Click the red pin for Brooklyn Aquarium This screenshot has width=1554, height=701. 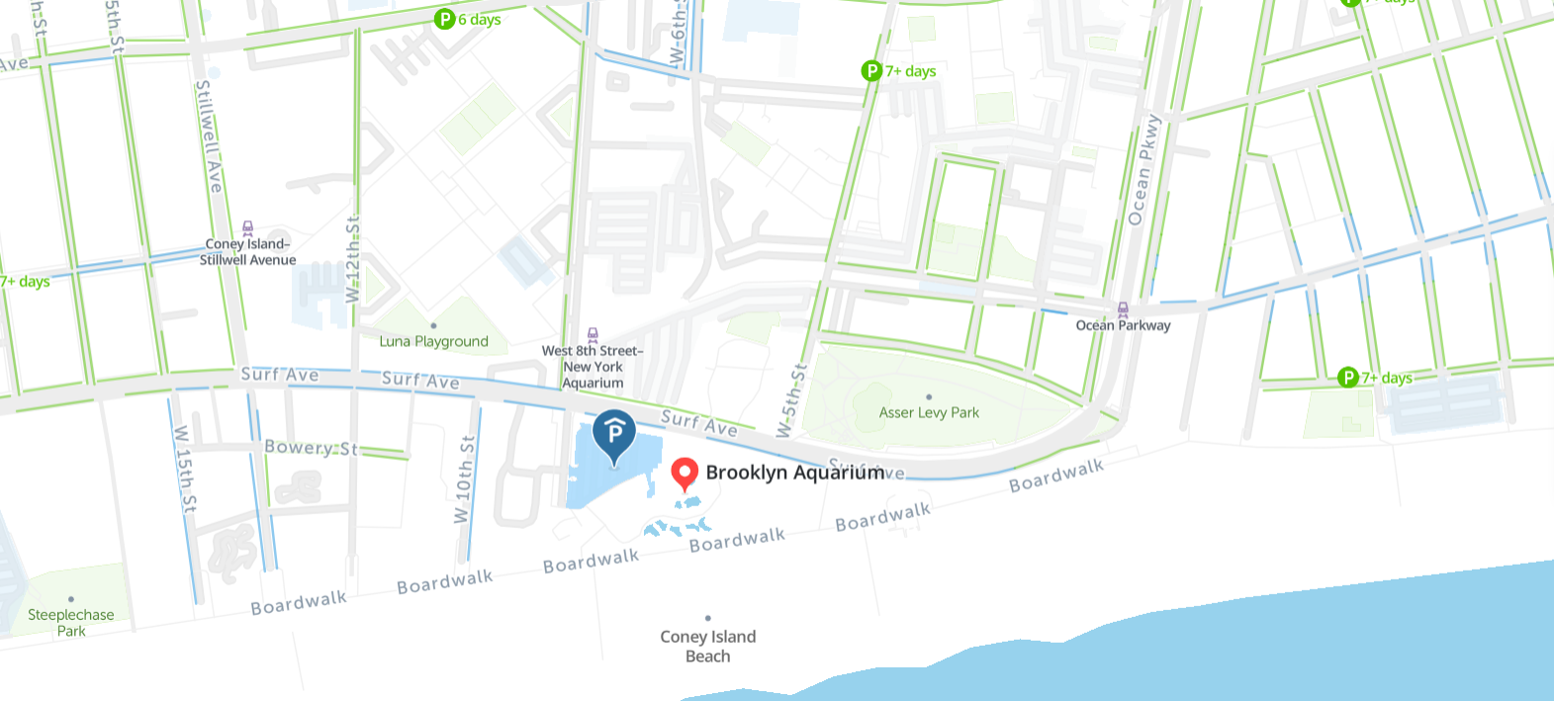pyautogui.click(x=684, y=474)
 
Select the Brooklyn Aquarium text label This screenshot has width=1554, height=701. pyautogui.click(x=795, y=473)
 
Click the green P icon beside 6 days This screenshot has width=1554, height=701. pyautogui.click(x=445, y=19)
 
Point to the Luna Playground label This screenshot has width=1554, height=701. pyautogui.click(x=433, y=341)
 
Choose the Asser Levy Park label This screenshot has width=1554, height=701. pyautogui.click(x=929, y=412)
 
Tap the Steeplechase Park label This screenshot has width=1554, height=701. pyautogui.click(x=71, y=622)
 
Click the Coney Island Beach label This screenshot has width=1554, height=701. pyautogui.click(x=708, y=646)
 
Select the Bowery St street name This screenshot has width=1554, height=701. pyautogui.click(x=310, y=447)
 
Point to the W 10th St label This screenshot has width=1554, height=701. pyautogui.click(x=464, y=480)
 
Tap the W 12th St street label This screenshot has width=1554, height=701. pyautogui.click(x=353, y=259)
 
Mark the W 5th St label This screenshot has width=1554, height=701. pyautogui.click(x=792, y=400)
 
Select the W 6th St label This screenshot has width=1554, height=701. pyautogui.click(x=679, y=35)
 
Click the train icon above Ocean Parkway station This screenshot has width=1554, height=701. pyautogui.click(x=1123, y=309)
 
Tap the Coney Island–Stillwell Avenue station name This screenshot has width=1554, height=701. pyautogui.click(x=247, y=252)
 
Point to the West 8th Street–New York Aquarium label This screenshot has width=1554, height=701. pyautogui.click(x=593, y=367)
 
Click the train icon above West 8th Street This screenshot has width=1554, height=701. pyautogui.click(x=593, y=335)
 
